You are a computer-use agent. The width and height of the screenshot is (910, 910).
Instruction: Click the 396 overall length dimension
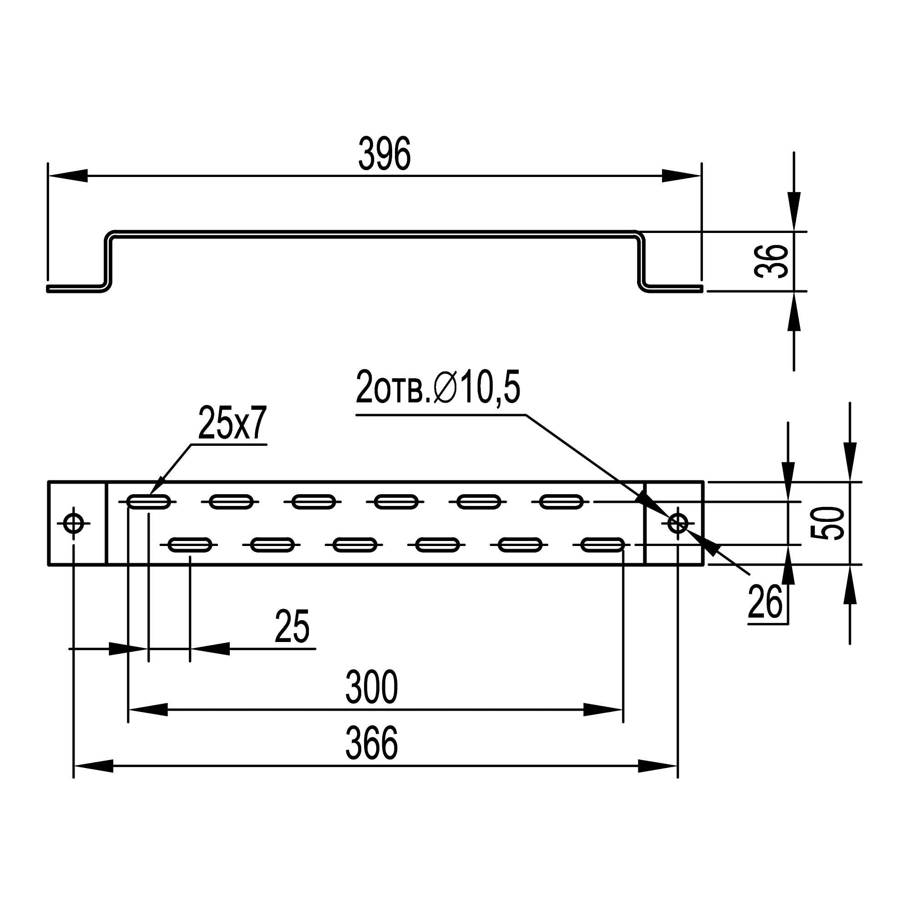point(385,154)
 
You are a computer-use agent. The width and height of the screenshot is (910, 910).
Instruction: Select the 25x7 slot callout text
point(232,424)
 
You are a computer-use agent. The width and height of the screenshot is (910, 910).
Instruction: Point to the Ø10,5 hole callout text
point(438,387)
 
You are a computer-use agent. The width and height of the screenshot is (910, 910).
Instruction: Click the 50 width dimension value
point(827,523)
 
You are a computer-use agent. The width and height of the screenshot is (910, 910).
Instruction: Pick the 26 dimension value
point(765,602)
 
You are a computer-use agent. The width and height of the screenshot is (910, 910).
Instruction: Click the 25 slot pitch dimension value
point(292,627)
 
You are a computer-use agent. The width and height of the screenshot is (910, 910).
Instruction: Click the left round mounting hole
point(73,523)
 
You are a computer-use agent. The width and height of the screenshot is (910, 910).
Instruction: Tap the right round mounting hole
point(678,523)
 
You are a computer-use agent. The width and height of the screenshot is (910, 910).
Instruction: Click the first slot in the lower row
point(190,545)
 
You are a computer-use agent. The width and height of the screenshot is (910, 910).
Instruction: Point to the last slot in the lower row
point(603,545)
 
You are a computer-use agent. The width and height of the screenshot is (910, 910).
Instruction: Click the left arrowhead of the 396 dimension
point(68,176)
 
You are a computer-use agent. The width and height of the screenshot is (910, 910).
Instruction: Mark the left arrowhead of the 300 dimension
point(148,709)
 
